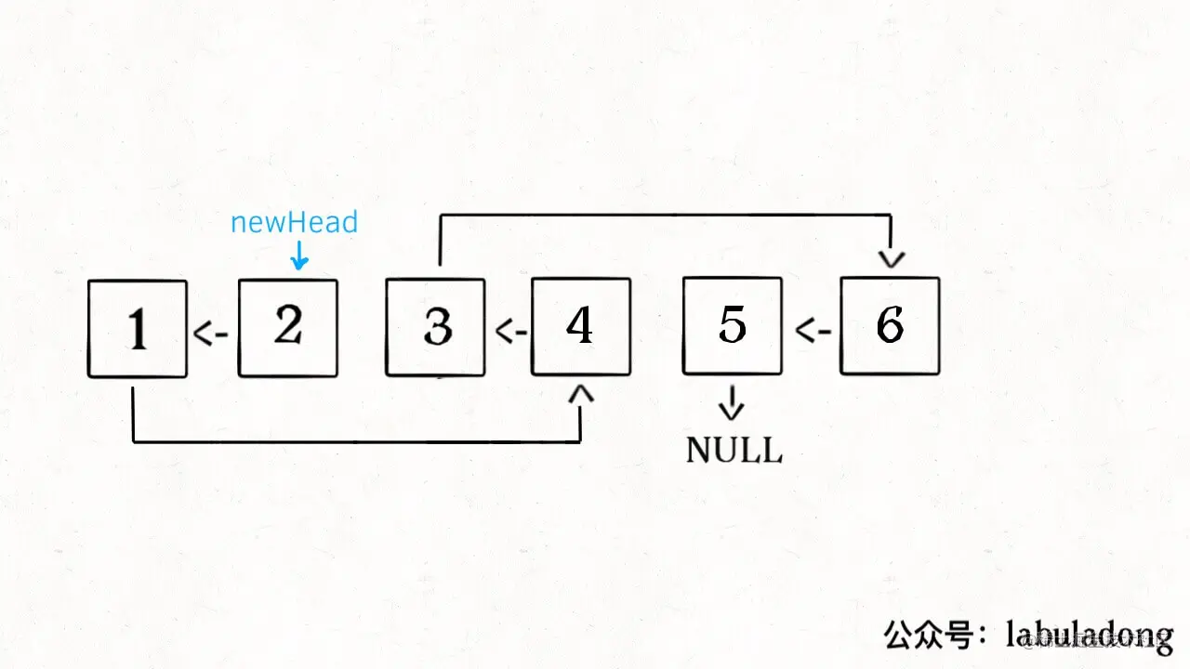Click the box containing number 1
(138, 329)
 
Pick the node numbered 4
(581, 327)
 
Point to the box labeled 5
(732, 325)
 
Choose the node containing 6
(890, 325)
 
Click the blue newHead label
(294, 223)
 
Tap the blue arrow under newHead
(298, 256)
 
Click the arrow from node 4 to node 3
(510, 331)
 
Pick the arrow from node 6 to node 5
(813, 331)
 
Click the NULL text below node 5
(734, 450)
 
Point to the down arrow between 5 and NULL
(733, 403)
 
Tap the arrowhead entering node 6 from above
(891, 260)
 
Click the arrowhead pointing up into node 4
(581, 396)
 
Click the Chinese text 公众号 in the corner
(930, 636)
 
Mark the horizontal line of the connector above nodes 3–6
(665, 216)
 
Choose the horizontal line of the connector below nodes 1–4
(358, 441)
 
